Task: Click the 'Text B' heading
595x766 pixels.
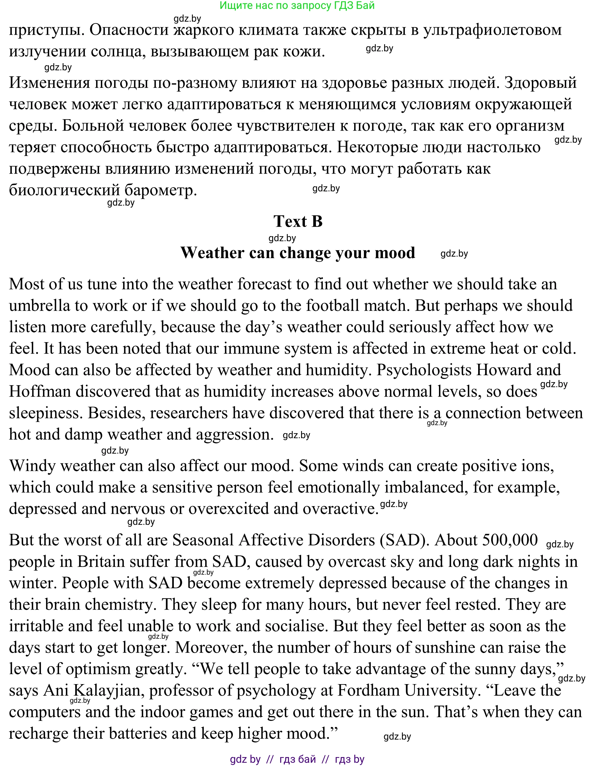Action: (298, 221)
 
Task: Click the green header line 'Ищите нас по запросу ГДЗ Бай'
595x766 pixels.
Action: (297, 5)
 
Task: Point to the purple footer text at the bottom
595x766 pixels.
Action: (297, 759)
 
